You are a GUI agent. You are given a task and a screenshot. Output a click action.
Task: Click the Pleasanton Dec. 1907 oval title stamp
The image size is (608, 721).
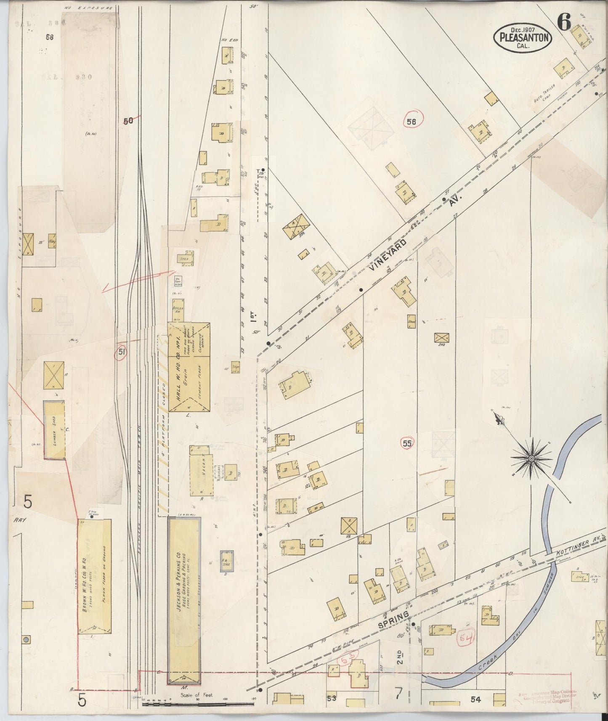click(x=523, y=37)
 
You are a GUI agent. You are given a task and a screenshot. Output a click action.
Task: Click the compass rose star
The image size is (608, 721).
click(x=531, y=458)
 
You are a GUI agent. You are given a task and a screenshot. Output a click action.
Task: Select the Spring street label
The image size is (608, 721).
click(x=393, y=620)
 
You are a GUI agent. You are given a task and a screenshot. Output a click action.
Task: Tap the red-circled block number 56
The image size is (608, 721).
click(x=411, y=122)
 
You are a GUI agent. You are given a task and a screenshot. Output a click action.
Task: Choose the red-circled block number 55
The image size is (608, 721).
click(x=407, y=443)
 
